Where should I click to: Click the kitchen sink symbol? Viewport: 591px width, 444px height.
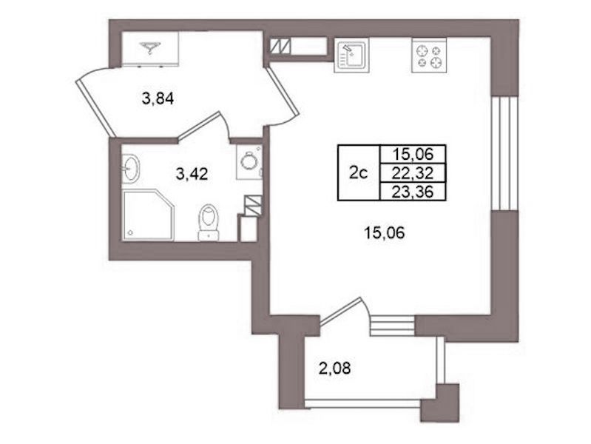pos(351,55)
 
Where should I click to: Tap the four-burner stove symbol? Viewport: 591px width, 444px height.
pos(429,55)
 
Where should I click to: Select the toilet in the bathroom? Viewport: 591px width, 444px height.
pos(209,222)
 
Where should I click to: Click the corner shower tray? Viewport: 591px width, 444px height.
pos(148,215)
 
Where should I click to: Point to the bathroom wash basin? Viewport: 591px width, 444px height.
pos(131,169)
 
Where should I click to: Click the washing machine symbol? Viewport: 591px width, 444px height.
pos(249,162)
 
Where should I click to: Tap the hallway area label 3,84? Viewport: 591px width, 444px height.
pos(158,99)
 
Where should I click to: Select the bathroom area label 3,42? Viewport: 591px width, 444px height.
pos(192,175)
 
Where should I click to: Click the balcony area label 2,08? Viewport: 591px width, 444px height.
pos(334,368)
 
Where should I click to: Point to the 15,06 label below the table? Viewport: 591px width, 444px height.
pos(384,233)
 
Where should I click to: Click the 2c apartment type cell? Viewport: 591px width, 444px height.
pos(359,172)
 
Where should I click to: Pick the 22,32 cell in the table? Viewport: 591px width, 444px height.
pos(412,173)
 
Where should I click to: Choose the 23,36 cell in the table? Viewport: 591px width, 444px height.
pos(412,192)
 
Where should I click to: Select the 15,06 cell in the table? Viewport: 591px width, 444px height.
pos(412,154)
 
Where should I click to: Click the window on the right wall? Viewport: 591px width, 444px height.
pos(505,153)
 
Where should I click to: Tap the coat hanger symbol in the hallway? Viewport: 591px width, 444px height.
pos(150,47)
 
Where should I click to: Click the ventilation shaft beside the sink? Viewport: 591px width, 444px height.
pos(280,46)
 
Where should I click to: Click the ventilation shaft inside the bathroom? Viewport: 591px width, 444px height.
pos(253,206)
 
